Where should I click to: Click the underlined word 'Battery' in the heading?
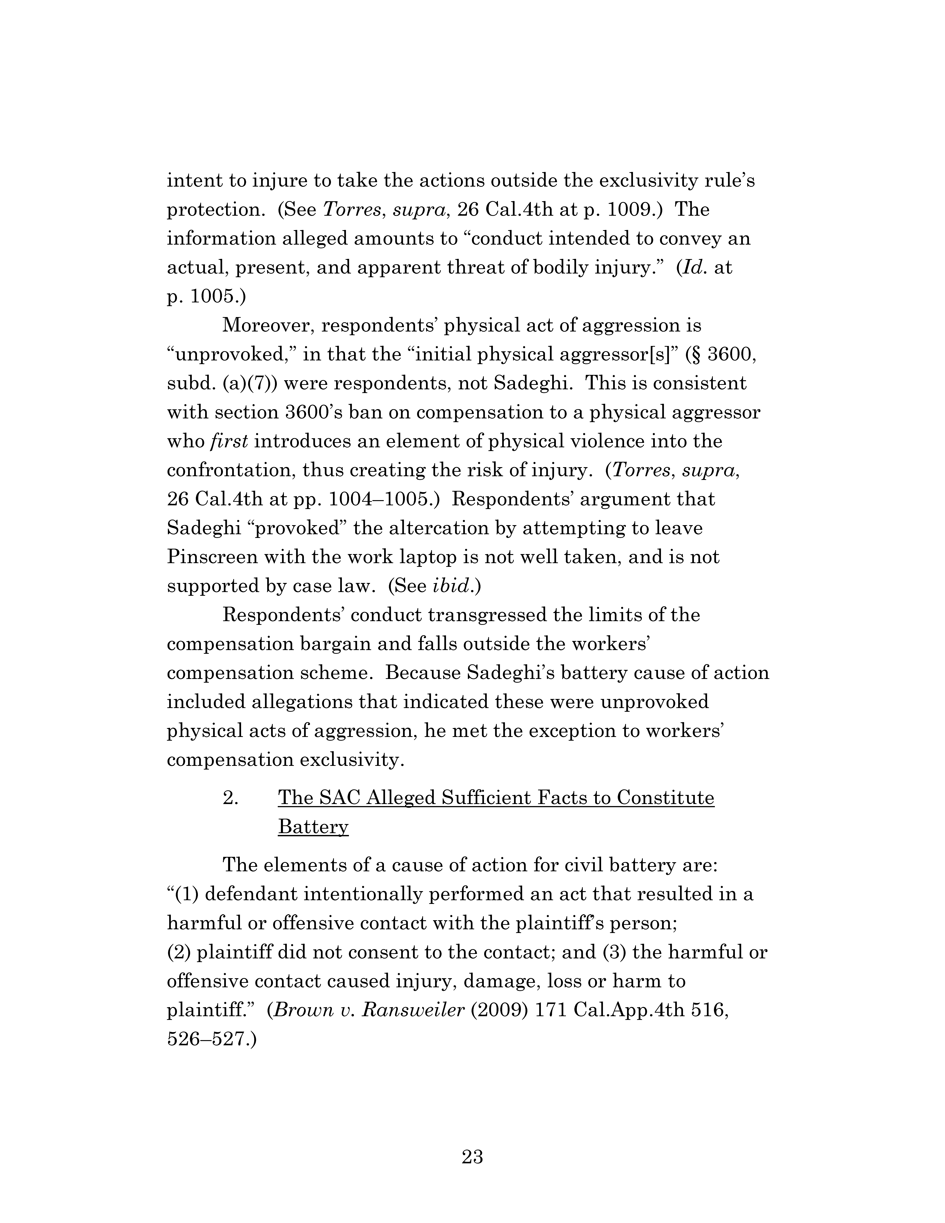(x=313, y=827)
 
